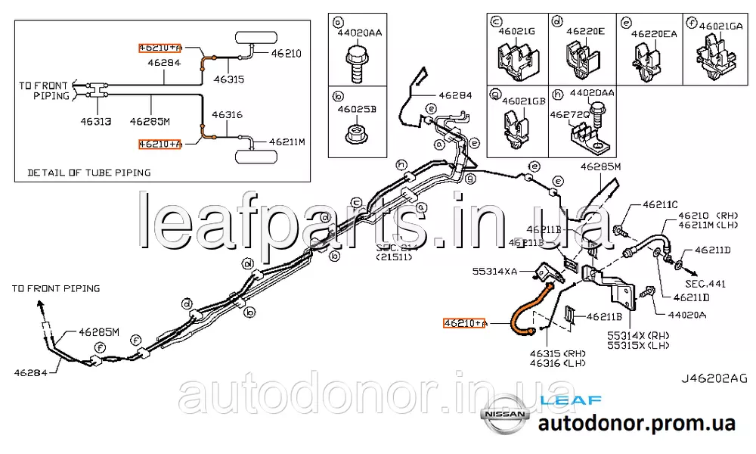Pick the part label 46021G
point(519,30)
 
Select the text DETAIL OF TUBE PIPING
point(88,173)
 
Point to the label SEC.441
point(708,284)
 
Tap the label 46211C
point(660,205)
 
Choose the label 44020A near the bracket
point(686,315)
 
